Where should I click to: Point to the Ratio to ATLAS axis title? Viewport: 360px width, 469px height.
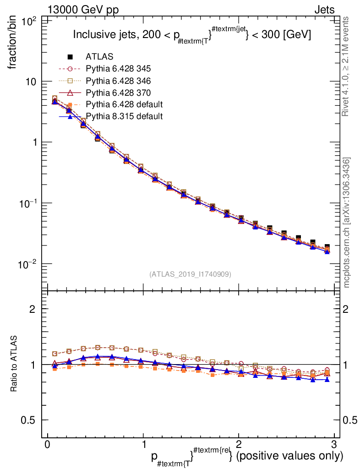pos(14,364)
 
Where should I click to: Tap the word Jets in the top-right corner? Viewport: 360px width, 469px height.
pos(324,10)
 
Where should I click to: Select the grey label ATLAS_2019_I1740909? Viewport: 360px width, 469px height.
pos(190,274)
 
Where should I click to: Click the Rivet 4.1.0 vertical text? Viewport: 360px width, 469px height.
pos(346,66)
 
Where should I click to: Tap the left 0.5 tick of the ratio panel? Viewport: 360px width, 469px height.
pos(33,420)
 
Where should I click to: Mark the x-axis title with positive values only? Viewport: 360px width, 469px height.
pos(247,456)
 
